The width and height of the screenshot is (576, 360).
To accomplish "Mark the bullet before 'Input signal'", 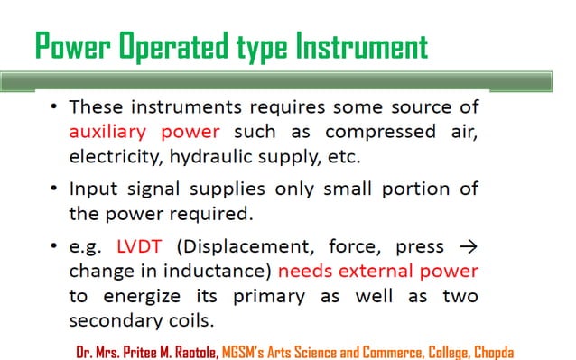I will [x=54, y=189].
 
